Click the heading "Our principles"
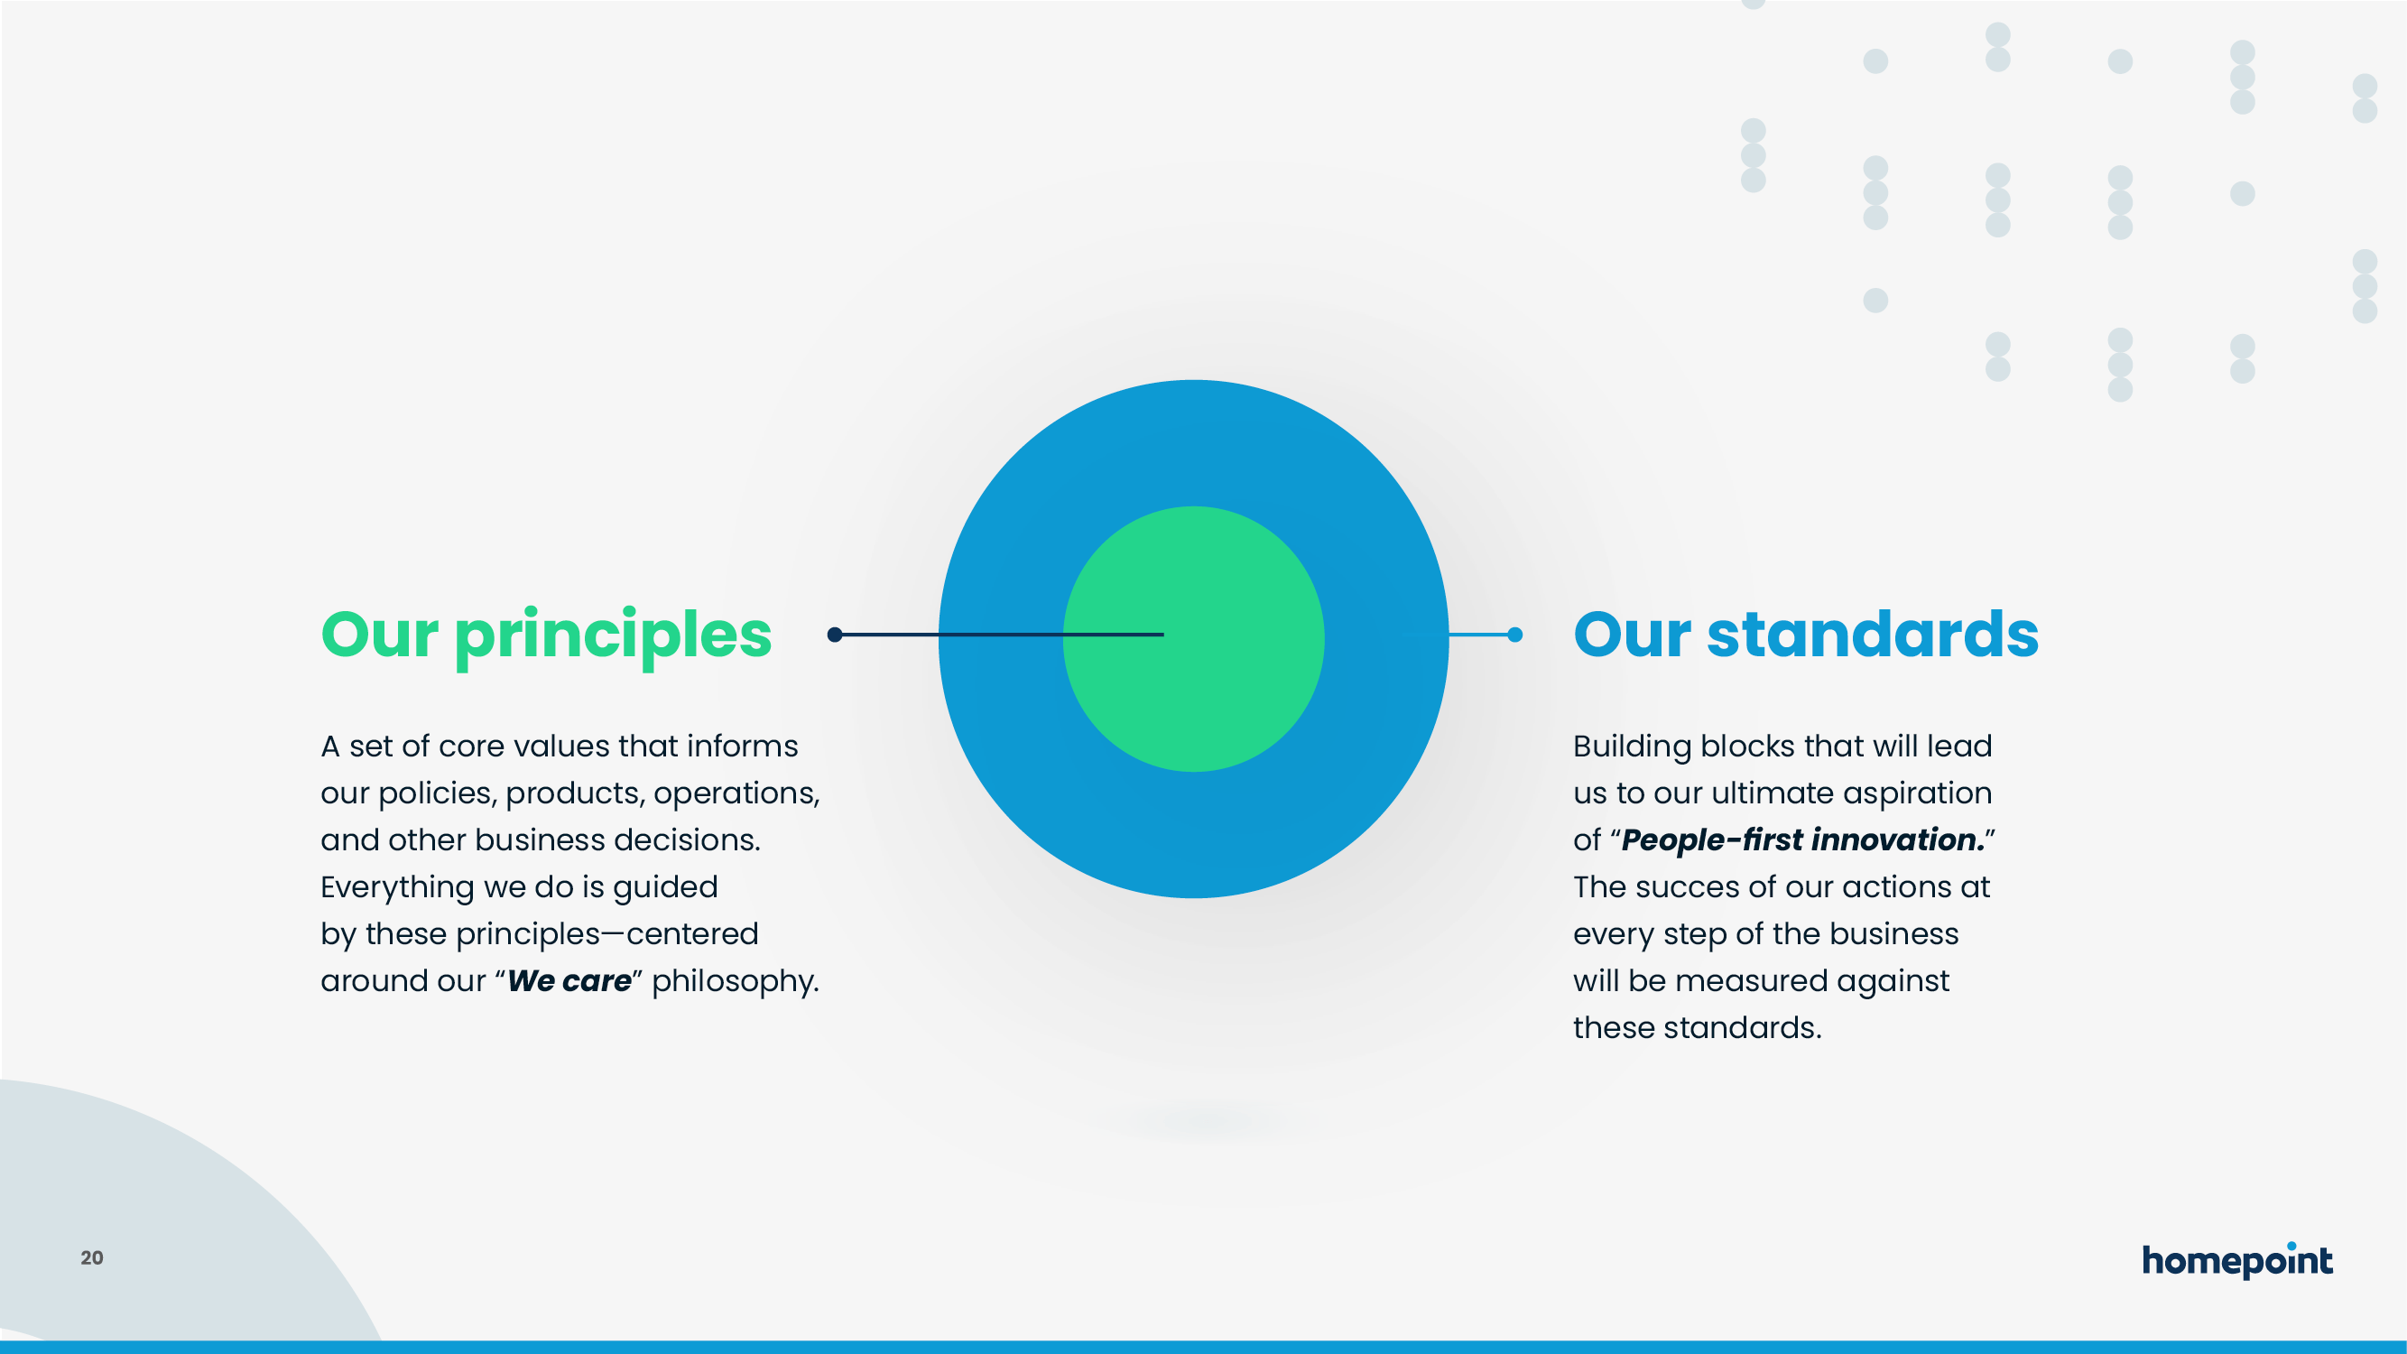pyautogui.click(x=546, y=636)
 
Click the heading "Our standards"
pyautogui.click(x=1805, y=635)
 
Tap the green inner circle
pyautogui.click(x=1193, y=638)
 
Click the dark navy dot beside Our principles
pyautogui.click(x=836, y=635)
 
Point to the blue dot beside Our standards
pyautogui.click(x=1514, y=635)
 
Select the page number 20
pyautogui.click(x=91, y=1257)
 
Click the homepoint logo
pyautogui.click(x=2237, y=1259)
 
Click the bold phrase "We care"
pyautogui.click(x=569, y=980)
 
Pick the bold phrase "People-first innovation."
pyautogui.click(x=1802, y=839)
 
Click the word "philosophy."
pyautogui.click(x=736, y=981)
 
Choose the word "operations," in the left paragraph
pyautogui.click(x=736, y=793)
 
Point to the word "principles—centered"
pyautogui.click(x=607, y=934)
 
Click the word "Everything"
pyautogui.click(x=398, y=887)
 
